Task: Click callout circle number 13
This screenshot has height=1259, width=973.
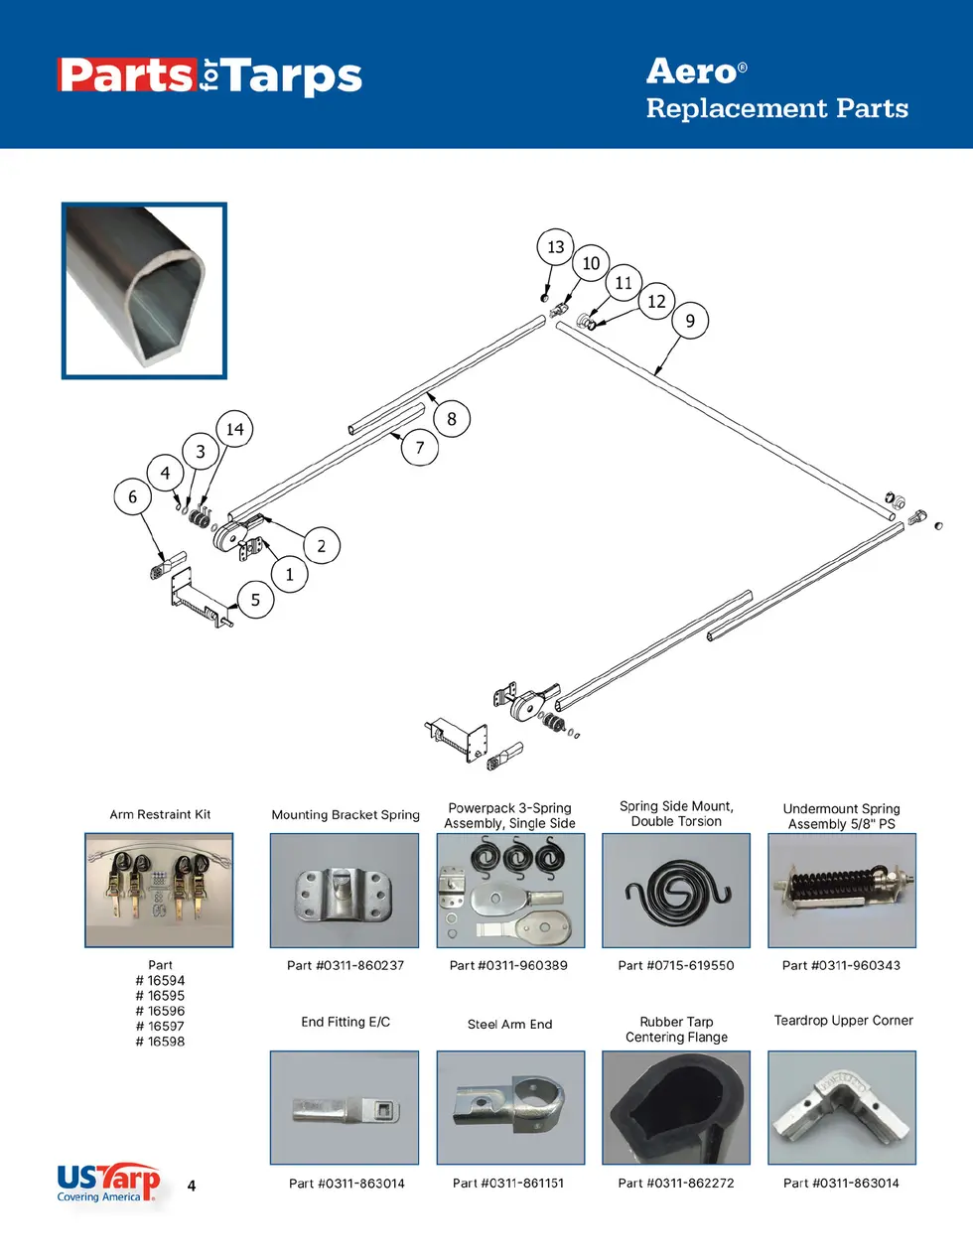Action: tap(555, 247)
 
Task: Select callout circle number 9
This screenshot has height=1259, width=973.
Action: tap(690, 321)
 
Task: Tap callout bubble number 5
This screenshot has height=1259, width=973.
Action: tap(255, 600)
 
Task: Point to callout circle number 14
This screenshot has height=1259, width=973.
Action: tap(234, 429)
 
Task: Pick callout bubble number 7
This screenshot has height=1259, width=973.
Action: tap(420, 448)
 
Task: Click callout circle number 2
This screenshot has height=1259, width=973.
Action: tap(321, 545)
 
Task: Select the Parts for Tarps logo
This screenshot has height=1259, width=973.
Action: tap(209, 76)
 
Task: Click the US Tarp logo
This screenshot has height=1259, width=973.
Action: tap(107, 1182)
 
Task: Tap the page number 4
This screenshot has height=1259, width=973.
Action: tap(192, 1186)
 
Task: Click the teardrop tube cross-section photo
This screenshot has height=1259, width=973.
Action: tap(145, 291)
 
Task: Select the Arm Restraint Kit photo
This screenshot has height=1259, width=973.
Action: tap(159, 890)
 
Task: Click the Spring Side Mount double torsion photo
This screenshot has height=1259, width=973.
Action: tap(676, 890)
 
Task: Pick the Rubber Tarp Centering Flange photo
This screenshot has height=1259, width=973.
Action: tap(676, 1107)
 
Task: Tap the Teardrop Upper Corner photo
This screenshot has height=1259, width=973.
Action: tap(842, 1107)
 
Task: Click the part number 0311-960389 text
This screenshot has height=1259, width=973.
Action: tap(508, 965)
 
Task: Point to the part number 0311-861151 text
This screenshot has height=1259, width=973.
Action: tap(508, 1183)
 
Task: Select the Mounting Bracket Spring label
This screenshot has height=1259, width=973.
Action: tap(346, 815)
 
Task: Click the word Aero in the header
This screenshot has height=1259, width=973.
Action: tap(692, 71)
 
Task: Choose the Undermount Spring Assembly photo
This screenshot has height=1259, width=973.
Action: tap(842, 890)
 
